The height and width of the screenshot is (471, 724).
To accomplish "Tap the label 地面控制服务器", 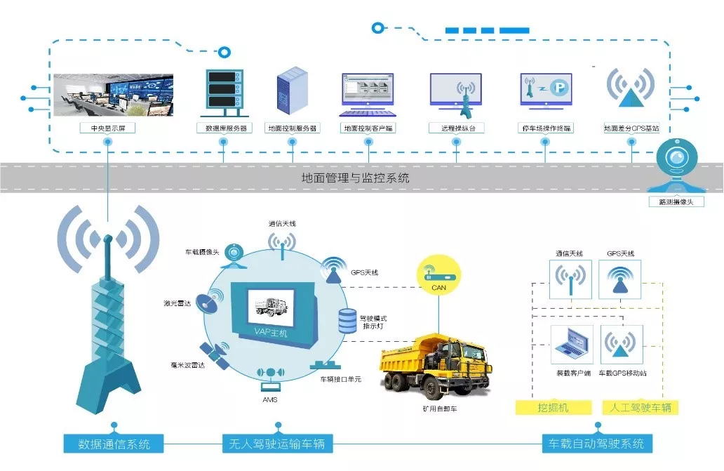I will click(x=293, y=128).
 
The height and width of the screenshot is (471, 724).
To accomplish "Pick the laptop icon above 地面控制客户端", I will click(x=367, y=95).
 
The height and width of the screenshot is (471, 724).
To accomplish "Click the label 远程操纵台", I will click(x=456, y=128).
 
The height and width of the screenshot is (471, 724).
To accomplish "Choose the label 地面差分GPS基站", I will click(x=631, y=128).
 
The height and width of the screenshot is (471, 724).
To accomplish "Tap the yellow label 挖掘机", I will click(x=554, y=407).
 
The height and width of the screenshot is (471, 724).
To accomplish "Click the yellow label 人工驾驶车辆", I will click(x=641, y=407).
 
